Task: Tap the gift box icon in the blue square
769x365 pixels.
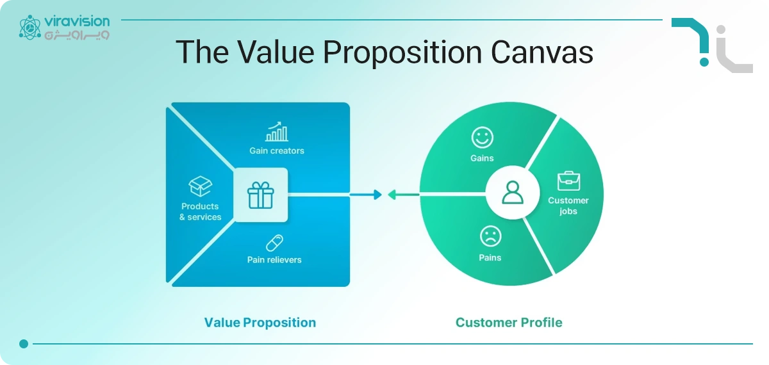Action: point(260,195)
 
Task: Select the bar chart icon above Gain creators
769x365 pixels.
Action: point(277,132)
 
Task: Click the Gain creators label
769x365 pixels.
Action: point(277,151)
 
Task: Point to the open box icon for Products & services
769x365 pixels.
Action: point(200,187)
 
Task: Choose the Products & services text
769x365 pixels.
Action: point(200,212)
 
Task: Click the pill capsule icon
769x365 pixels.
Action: point(274,243)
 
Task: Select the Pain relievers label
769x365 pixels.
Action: point(274,260)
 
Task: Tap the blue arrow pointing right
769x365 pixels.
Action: point(366,195)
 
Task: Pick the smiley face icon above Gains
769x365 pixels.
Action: point(482,137)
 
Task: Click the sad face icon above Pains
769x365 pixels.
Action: point(490,237)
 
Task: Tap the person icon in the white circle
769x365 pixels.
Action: point(513,193)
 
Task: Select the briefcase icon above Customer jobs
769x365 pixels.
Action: point(568,181)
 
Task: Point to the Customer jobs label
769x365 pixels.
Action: point(568,206)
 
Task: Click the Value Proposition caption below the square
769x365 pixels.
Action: point(260,322)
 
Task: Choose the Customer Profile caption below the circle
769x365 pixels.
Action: point(509,322)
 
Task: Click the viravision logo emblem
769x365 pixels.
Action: point(29,28)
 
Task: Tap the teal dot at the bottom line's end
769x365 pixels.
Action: point(24,344)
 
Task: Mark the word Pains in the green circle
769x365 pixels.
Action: point(490,257)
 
